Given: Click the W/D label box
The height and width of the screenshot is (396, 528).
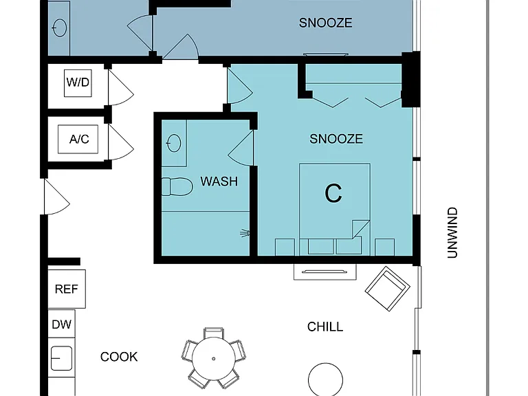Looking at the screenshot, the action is click(78, 83).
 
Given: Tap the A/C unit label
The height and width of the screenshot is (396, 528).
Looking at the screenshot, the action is click(79, 139).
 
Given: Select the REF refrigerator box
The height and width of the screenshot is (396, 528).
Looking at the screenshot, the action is click(67, 289).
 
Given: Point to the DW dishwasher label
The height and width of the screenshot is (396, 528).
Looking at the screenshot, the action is click(62, 324).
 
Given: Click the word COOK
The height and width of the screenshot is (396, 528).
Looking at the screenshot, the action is click(119, 357).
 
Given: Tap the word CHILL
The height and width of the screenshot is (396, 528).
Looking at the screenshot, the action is click(325, 327).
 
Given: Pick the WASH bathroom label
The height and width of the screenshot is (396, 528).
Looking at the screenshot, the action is click(219, 181).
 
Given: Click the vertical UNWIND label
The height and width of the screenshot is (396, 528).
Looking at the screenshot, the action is click(452, 232).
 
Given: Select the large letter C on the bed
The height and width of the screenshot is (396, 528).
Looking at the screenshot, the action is click(333, 193).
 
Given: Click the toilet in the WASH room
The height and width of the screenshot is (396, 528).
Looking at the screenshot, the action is click(177, 186).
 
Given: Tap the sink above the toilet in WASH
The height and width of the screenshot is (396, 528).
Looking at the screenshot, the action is click(174, 143).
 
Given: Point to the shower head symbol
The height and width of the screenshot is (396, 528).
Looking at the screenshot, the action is click(245, 232).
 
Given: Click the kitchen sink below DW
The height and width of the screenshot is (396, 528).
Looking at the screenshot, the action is click(61, 358).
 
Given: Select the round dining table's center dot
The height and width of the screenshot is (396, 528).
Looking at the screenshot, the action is click(214, 359).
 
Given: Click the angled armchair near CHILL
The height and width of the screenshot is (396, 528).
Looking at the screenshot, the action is click(388, 289).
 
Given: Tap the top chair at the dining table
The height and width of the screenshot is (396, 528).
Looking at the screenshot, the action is click(214, 333).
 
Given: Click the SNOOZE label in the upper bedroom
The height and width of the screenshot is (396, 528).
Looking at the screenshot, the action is click(326, 23).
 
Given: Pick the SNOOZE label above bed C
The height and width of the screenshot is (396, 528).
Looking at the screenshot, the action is click(336, 139).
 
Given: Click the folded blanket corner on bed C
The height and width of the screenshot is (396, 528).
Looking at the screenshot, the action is click(361, 230).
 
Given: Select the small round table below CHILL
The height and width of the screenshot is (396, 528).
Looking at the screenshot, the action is click(326, 379).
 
